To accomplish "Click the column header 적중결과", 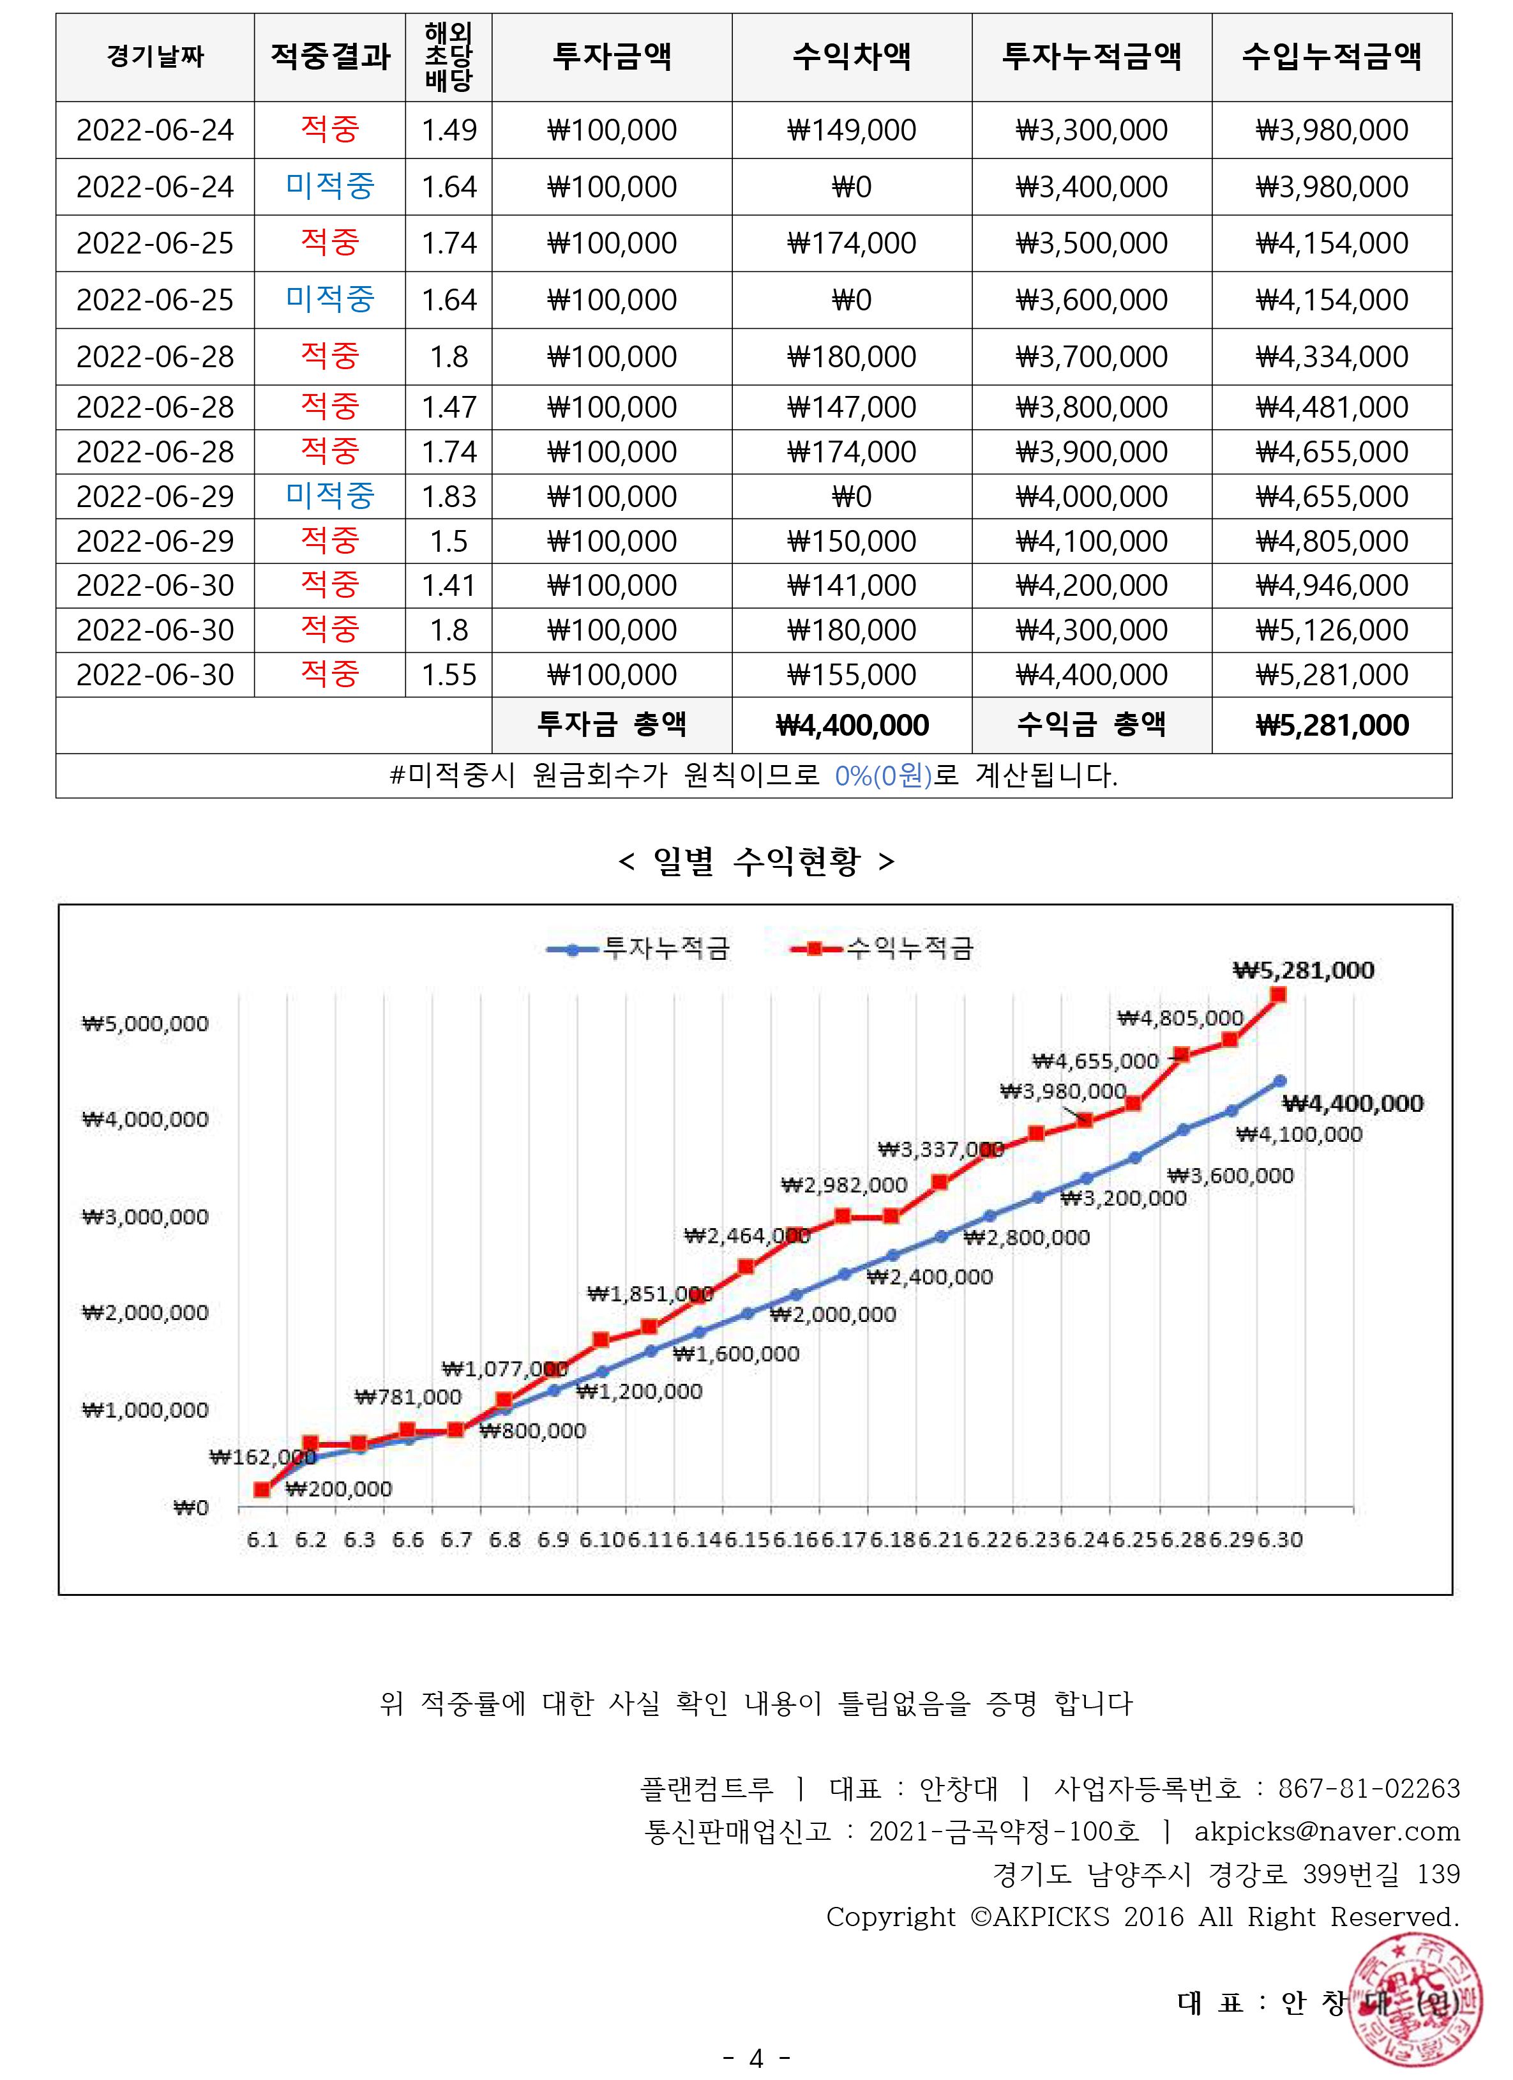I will (x=330, y=57).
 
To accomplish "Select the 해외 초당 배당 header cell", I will (x=448, y=57).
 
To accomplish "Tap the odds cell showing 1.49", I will (x=448, y=130).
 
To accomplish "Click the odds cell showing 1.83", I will (x=448, y=496).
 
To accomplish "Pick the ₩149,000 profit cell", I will (x=851, y=130).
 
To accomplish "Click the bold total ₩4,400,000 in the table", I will (x=851, y=725).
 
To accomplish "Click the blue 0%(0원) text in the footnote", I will (x=882, y=776).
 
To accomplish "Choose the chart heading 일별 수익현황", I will (x=756, y=861).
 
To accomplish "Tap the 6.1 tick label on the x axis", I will (x=262, y=1540).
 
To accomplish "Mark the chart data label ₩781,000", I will (x=408, y=1397).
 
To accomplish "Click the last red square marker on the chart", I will (x=1278, y=995).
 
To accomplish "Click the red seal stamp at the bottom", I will (x=1417, y=2000).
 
